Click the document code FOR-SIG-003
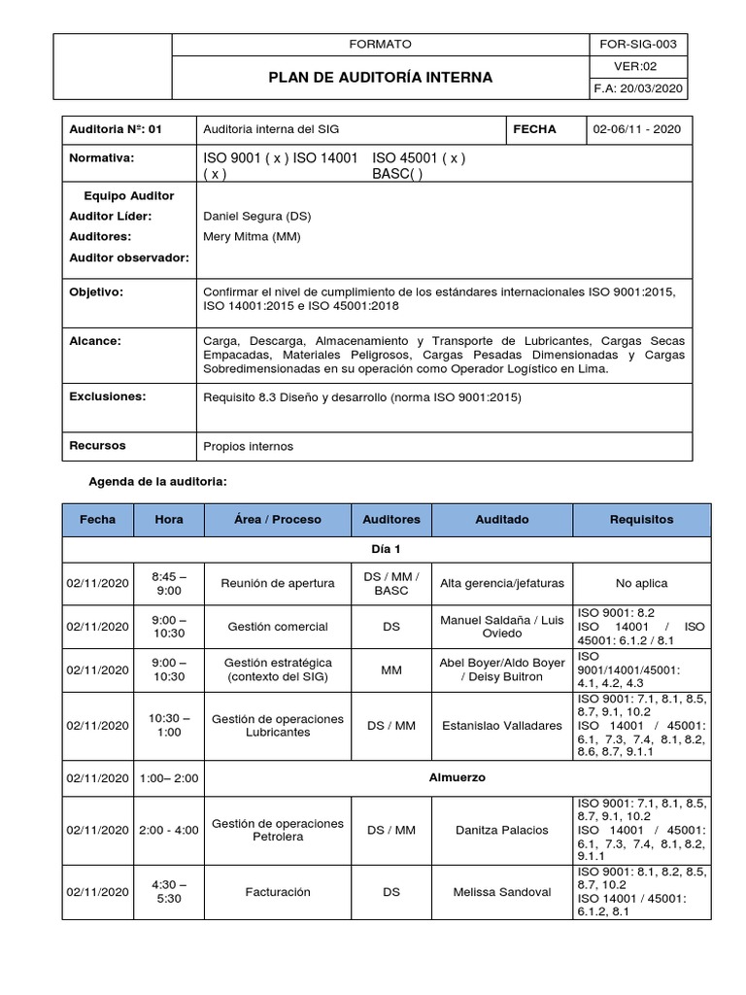coord(639,45)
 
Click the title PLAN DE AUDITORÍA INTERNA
coord(381,77)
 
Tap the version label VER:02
coord(639,66)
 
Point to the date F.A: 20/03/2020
coord(639,88)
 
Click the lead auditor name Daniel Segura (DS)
coord(257,216)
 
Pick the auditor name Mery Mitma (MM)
coord(252,236)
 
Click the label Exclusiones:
coord(107,396)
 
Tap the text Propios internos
coord(248,447)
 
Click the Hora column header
coord(168,520)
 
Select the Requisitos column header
coord(641,520)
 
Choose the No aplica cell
coord(641,583)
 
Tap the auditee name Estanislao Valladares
coord(501,725)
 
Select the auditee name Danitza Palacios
coord(501,830)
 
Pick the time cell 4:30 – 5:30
coord(168,890)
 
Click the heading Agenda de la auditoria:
coord(158,482)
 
